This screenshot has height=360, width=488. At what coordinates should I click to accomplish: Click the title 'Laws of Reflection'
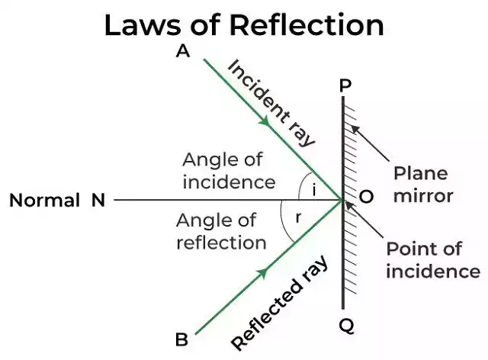coord(244,24)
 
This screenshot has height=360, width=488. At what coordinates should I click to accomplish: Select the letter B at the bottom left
coord(182,339)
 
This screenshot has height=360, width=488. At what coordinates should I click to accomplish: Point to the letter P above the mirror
coord(345,85)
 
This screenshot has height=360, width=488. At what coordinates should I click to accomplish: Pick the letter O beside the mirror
coord(366,197)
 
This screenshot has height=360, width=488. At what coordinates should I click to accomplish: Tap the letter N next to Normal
coord(98,201)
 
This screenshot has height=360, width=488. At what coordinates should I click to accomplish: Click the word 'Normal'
coord(44,201)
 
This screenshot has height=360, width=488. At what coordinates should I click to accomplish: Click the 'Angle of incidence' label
coord(228,171)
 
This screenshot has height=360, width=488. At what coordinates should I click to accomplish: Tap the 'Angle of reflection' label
coord(221,232)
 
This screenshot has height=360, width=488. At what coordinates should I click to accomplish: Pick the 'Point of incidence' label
coord(432,259)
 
